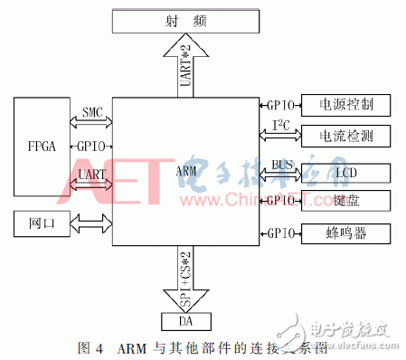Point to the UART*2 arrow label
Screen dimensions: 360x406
[185, 66]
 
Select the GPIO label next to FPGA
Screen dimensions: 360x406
[91, 145]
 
